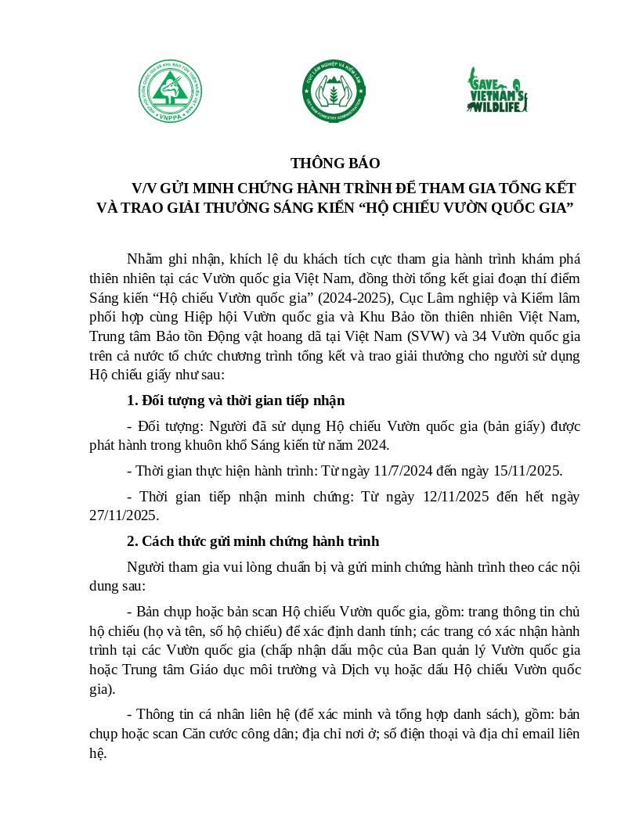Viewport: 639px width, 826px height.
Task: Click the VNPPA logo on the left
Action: (x=171, y=95)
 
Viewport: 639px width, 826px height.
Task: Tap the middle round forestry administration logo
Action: (x=332, y=95)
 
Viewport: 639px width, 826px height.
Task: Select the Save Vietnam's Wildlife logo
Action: (x=496, y=90)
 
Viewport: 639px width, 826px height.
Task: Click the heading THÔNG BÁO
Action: (x=335, y=163)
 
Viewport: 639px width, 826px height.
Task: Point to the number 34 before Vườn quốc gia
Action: (x=463, y=337)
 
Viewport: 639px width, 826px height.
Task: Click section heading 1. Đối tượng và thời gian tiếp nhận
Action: (x=236, y=400)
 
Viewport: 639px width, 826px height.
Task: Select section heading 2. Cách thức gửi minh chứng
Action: (x=253, y=541)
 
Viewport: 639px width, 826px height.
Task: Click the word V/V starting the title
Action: (x=145, y=189)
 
